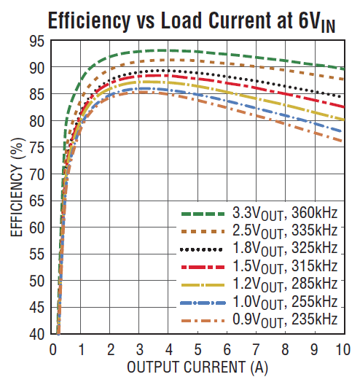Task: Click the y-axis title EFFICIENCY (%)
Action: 16,189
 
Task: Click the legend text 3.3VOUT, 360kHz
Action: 284,214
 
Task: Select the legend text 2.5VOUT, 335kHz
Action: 284,232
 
